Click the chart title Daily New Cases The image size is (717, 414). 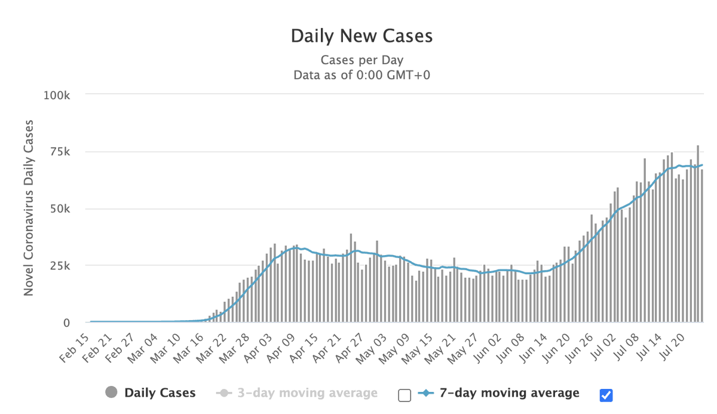(x=361, y=36)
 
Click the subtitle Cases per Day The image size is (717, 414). (x=361, y=60)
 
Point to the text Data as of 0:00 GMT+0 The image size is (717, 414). (x=361, y=75)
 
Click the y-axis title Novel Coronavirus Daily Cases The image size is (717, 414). (x=28, y=208)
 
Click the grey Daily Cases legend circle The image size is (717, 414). (x=111, y=393)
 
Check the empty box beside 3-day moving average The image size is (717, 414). (x=405, y=395)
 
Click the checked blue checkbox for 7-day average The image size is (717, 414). (x=606, y=395)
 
